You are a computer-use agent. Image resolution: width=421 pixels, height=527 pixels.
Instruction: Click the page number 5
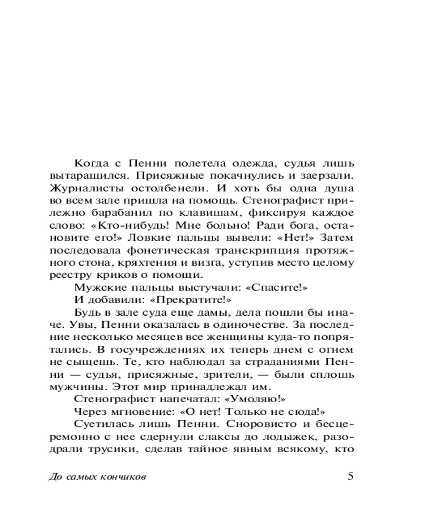(350, 476)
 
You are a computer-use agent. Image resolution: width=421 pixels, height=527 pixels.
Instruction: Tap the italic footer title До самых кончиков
(97, 477)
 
